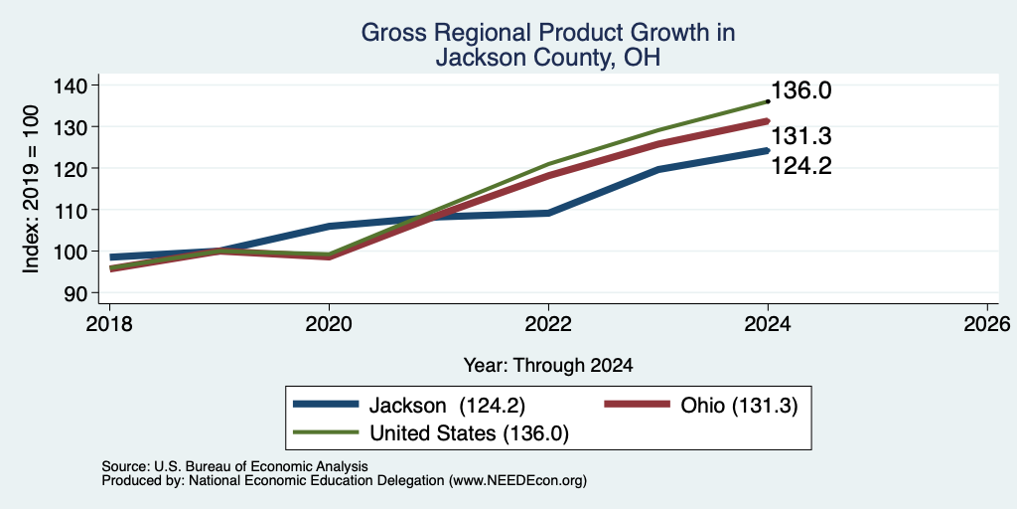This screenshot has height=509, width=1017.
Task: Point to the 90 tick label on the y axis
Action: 74,293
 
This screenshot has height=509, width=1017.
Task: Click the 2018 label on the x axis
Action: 109,324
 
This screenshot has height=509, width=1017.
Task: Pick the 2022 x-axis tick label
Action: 548,324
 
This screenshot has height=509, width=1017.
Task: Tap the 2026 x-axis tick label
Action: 987,324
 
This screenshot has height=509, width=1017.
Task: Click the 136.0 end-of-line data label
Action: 801,90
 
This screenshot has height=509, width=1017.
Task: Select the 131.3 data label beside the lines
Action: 801,137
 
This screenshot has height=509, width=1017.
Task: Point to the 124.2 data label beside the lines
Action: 801,167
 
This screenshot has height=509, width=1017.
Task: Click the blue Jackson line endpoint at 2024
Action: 768,151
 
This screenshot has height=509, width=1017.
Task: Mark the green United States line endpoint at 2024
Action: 768,101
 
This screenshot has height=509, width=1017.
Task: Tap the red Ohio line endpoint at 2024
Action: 768,120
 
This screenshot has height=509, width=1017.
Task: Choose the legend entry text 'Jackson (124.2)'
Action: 447,406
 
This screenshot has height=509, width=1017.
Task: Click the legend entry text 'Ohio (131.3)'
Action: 739,406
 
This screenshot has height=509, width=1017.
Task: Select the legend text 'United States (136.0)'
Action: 469,433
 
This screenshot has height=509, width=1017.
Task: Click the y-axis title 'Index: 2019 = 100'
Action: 31,189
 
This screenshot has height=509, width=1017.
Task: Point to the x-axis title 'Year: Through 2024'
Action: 548,366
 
